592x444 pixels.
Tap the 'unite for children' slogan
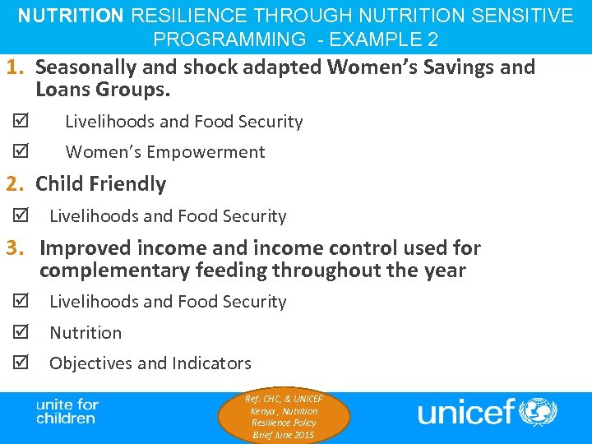67,411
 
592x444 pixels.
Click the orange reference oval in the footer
284,417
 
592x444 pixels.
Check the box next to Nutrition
20,333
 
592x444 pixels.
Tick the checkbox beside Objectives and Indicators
20,363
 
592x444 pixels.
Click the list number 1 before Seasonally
14,67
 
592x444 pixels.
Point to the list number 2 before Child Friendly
14,184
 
